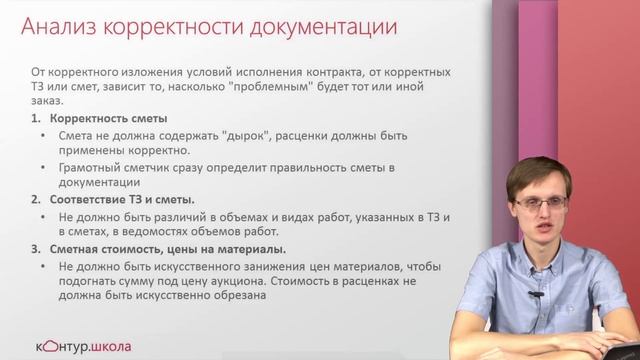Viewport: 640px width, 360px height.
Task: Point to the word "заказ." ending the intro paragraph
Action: (x=47, y=102)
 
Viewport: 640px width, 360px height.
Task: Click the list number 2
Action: (x=36, y=200)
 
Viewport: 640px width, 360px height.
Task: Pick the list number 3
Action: (x=36, y=249)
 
